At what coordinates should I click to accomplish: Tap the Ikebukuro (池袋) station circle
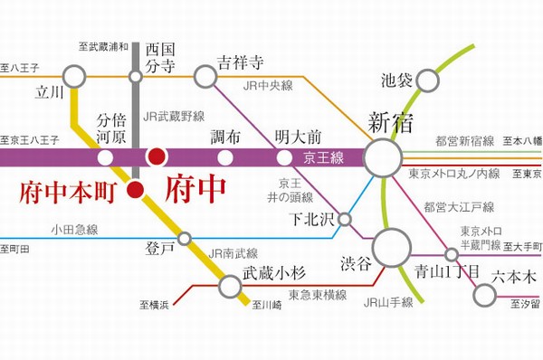pos(428,81)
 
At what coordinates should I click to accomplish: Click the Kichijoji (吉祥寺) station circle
pos(205,77)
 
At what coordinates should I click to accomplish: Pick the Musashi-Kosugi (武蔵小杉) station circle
pos(231,287)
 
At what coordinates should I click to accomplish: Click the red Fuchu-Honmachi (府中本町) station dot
pos(135,189)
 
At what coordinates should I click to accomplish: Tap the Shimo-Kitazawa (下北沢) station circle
pos(345,218)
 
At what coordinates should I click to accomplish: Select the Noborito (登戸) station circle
pos(185,239)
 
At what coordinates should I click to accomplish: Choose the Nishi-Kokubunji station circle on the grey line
pos(136,77)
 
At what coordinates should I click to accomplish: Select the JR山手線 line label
pos(388,302)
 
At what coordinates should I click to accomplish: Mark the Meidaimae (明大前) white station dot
pos(285,157)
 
